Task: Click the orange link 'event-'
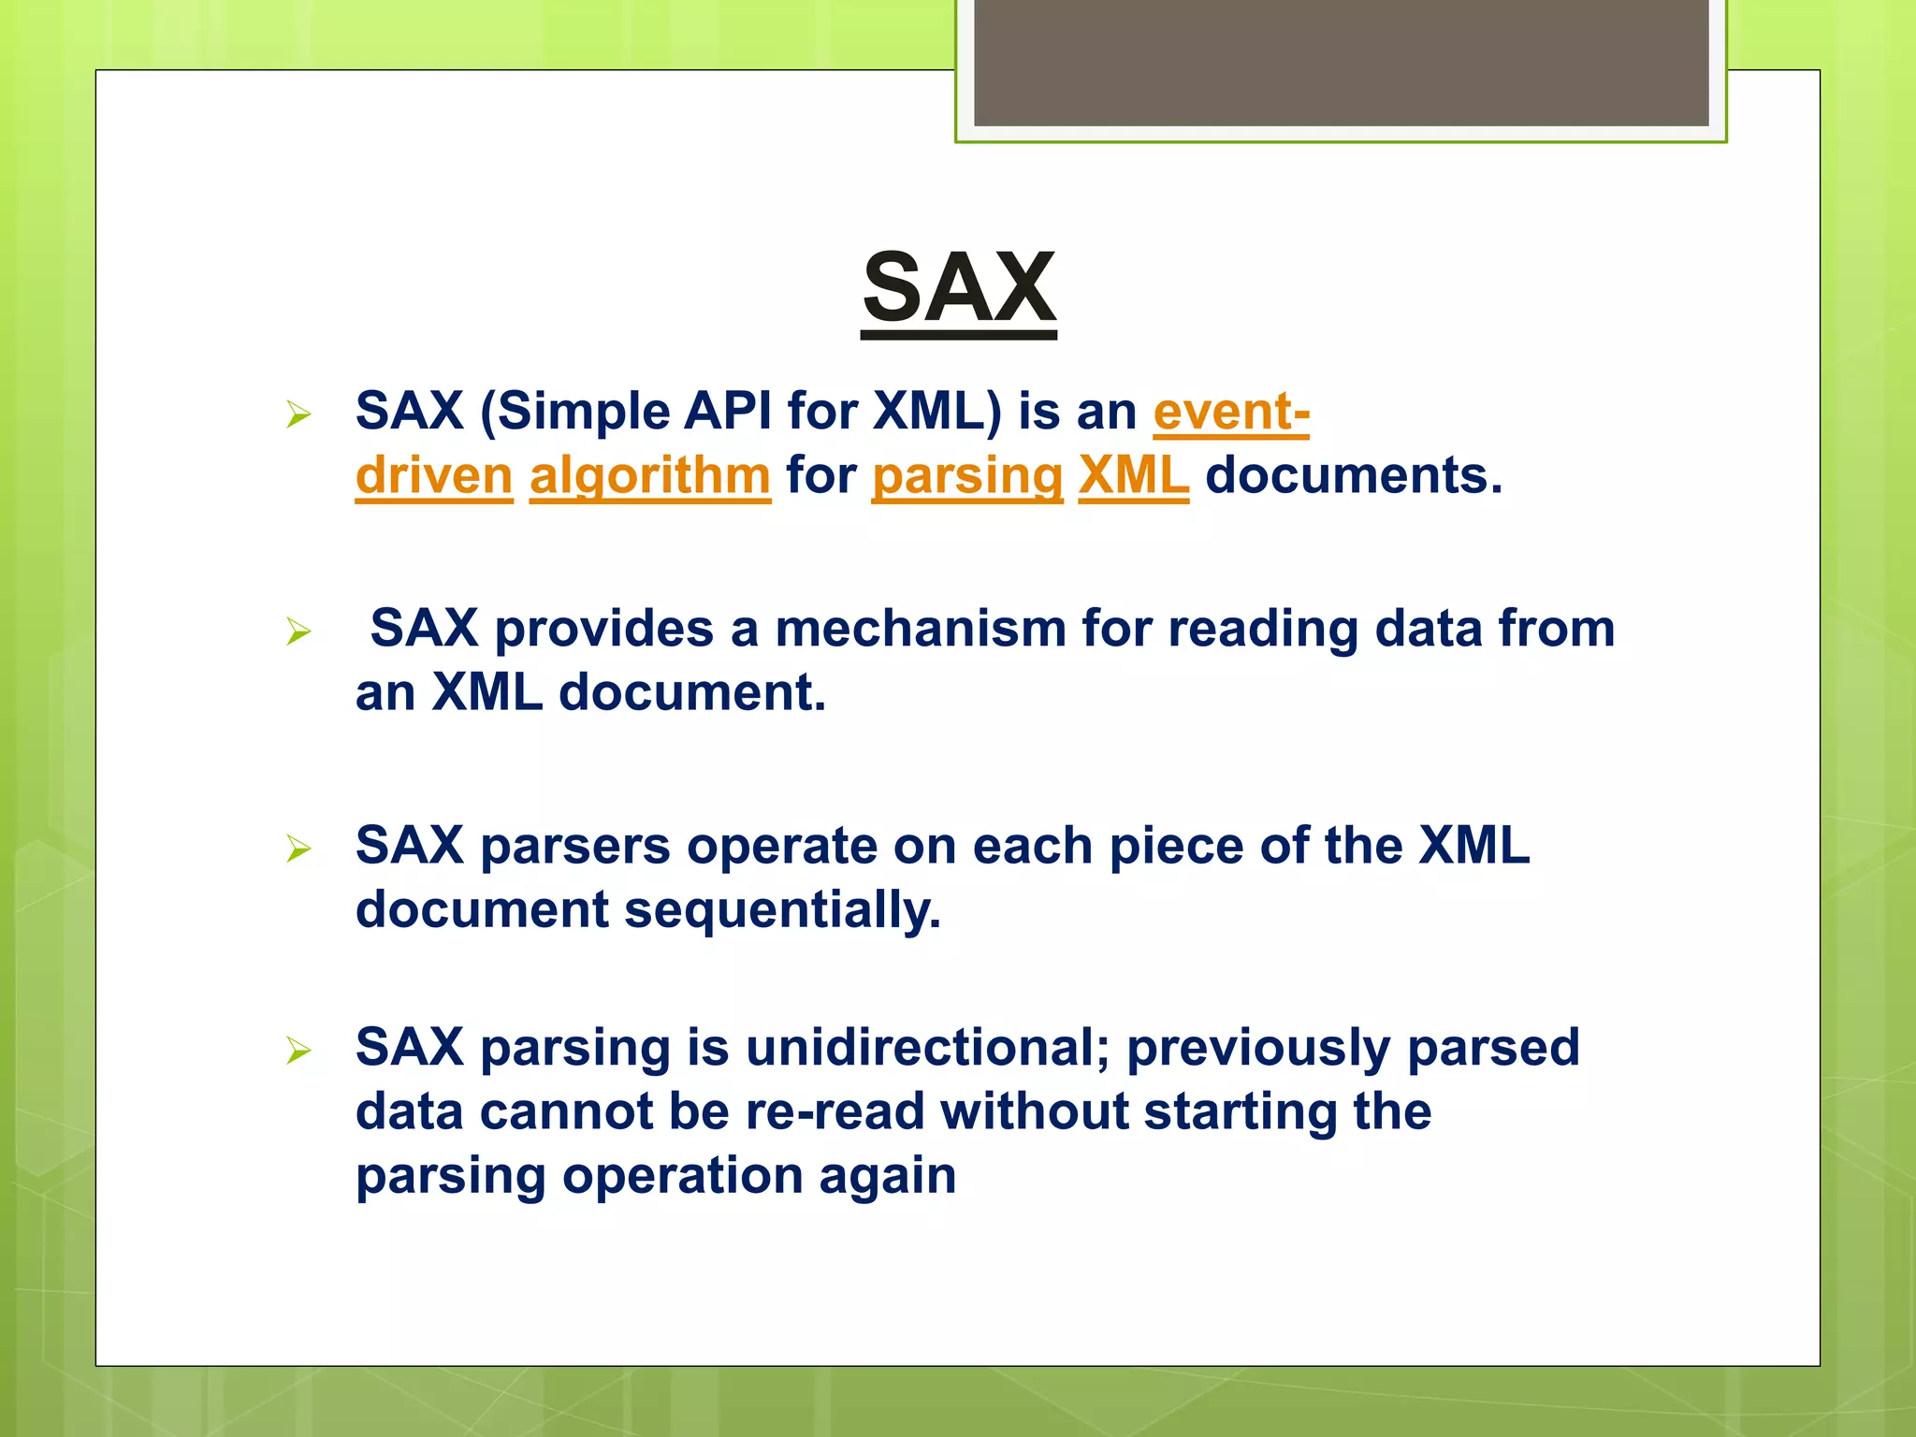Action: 1230,412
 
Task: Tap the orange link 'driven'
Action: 434,475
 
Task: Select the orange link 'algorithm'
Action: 650,475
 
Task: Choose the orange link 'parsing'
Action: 967,475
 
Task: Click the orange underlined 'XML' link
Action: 1133,475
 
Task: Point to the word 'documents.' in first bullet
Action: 1354,475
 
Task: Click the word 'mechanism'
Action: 921,628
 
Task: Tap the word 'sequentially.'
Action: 782,909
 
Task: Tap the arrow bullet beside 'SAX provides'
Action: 298,631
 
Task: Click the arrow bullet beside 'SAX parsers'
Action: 298,849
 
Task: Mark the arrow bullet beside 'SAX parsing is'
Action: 298,1051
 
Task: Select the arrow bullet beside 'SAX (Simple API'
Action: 298,414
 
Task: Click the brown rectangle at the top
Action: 1341,62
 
